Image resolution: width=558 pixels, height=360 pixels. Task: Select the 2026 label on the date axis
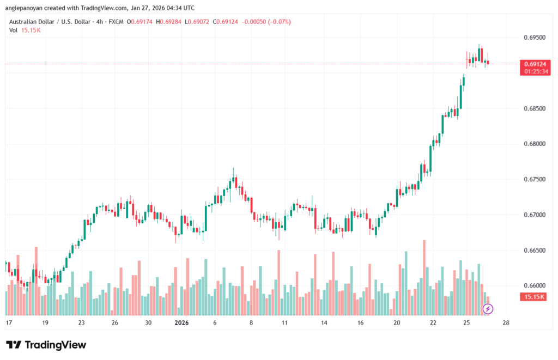181,323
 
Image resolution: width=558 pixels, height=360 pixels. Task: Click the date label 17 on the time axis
9,323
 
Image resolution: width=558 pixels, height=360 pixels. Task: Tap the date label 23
81,323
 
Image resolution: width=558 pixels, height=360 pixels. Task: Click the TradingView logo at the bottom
46,345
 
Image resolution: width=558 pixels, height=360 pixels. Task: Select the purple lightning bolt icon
488,309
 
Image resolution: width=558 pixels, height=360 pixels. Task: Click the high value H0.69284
167,22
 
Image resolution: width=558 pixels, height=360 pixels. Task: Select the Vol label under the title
13,30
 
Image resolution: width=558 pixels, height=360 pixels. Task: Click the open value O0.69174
139,22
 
